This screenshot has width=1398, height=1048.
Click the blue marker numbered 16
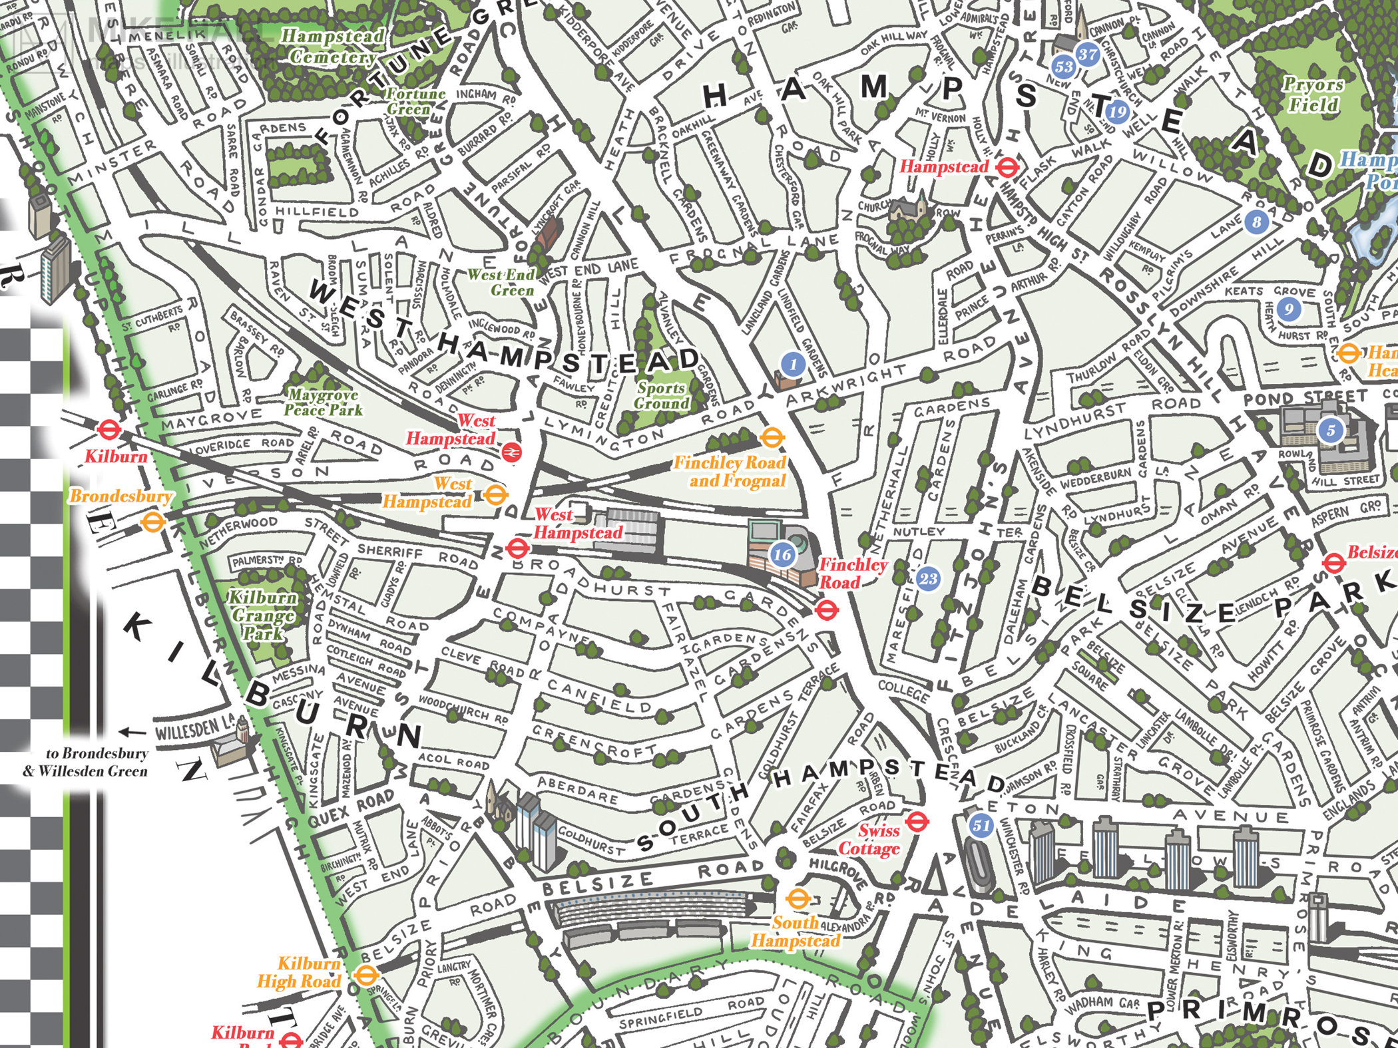click(x=782, y=554)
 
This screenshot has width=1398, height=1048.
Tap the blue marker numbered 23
click(x=928, y=578)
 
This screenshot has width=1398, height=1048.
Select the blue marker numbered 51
click(x=981, y=826)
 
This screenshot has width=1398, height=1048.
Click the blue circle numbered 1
click(x=792, y=364)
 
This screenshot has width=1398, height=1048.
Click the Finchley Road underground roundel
click(x=826, y=608)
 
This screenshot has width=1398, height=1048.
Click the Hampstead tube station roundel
click(x=1006, y=166)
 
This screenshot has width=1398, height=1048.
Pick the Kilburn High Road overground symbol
click(x=363, y=976)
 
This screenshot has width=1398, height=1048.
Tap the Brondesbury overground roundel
click(x=152, y=522)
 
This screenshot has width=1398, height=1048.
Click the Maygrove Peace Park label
click(x=323, y=403)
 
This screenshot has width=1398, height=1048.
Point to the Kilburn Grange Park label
click(x=262, y=615)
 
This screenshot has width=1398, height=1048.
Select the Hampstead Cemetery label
click(x=332, y=47)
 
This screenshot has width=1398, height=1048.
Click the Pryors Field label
click(x=1313, y=94)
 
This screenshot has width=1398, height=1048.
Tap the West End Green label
click(x=501, y=282)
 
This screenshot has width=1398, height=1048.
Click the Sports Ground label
click(x=660, y=395)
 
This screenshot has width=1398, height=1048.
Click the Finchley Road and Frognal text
click(x=730, y=471)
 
